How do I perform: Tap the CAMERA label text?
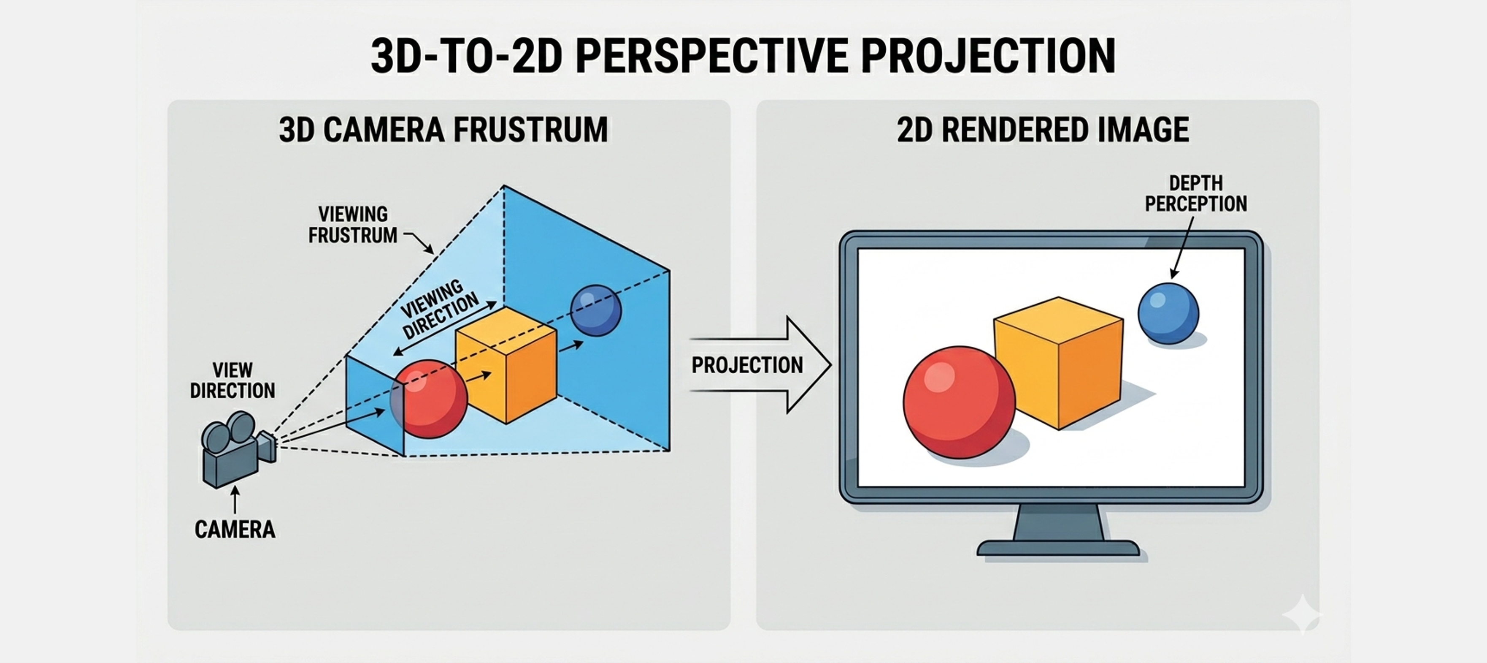(235, 529)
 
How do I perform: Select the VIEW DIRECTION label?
(233, 380)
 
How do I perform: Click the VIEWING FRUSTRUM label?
(353, 225)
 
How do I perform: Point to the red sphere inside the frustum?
(428, 399)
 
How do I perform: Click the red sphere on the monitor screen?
(959, 402)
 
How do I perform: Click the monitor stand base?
(1057, 547)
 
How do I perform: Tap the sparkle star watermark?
(1302, 614)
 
